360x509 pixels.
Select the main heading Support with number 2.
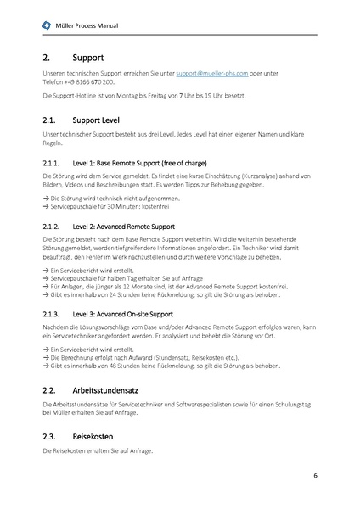89,59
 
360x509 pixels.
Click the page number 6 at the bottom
314,475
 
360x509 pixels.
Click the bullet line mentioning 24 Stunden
148,294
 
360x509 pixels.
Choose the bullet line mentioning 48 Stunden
148,366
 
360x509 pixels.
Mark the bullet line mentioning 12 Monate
161,287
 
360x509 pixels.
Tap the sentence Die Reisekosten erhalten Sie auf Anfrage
98,450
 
